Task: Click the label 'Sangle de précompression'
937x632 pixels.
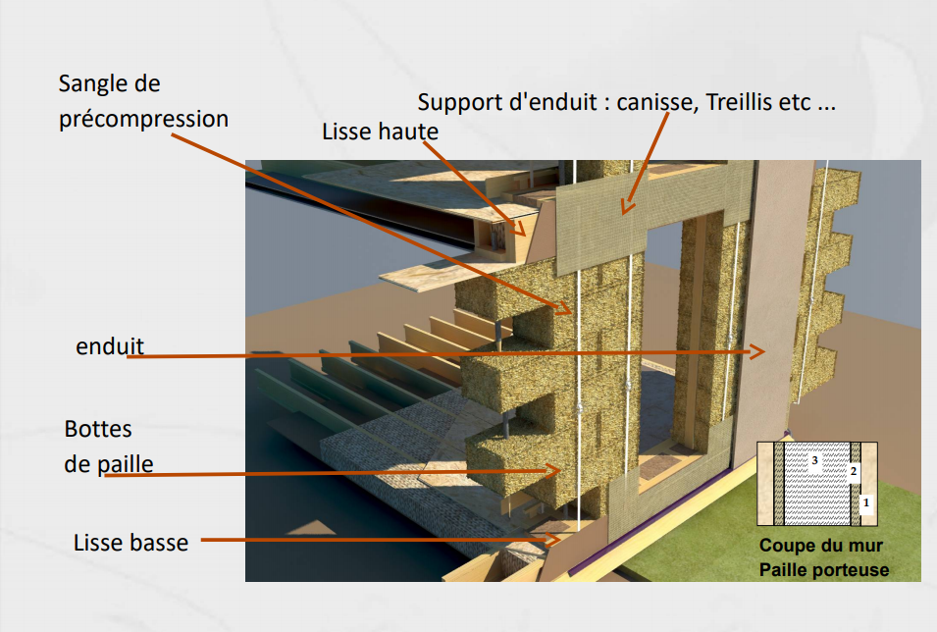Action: point(143,101)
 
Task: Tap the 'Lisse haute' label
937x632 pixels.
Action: point(380,132)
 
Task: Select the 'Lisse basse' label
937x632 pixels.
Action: point(130,543)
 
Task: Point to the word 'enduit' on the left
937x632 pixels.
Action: point(110,346)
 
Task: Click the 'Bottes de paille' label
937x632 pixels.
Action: point(109,447)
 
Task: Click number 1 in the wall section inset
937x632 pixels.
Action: point(866,502)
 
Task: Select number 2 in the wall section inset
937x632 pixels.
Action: point(854,471)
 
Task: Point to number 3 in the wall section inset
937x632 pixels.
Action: point(814,460)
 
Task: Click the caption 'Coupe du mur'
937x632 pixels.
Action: point(820,546)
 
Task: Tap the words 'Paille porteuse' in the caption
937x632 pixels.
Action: point(824,570)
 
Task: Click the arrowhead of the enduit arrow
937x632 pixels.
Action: point(760,351)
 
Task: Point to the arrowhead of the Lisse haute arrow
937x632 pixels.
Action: point(520,229)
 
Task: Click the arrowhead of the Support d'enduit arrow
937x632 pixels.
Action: point(626,207)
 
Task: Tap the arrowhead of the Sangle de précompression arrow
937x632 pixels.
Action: point(566,309)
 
